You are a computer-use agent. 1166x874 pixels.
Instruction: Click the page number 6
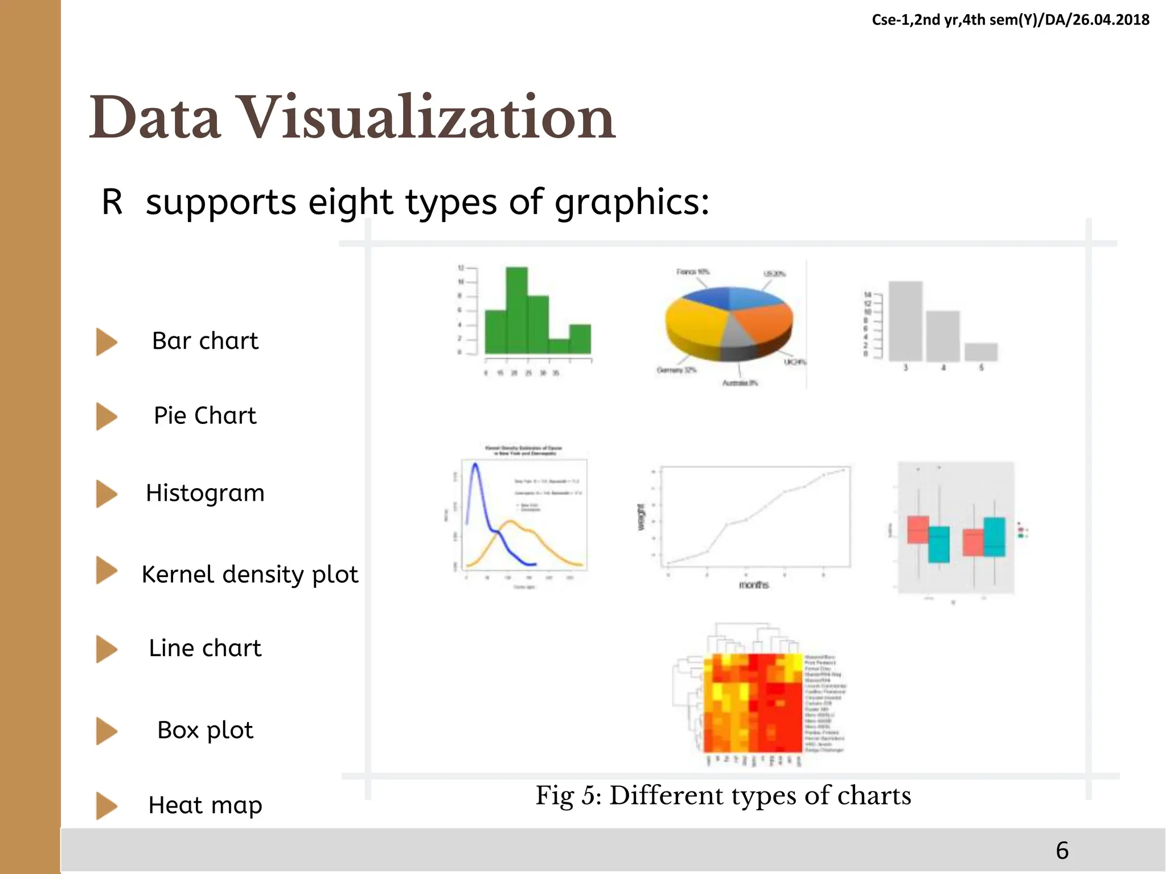point(1062,850)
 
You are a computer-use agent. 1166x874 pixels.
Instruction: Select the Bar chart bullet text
point(205,341)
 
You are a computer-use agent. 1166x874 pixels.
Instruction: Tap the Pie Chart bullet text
point(205,415)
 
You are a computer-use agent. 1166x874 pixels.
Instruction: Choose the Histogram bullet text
point(205,493)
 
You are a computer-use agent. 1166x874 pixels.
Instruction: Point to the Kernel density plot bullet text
point(249,574)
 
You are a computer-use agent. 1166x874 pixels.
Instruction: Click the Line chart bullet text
point(205,648)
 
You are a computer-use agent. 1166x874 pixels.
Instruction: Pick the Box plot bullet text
point(205,730)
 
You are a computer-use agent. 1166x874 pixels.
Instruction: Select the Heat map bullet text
point(205,805)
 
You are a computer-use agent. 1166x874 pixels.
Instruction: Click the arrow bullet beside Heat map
point(106,806)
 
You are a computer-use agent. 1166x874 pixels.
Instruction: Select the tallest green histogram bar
point(516,310)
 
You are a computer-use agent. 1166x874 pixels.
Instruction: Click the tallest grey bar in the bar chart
point(905,321)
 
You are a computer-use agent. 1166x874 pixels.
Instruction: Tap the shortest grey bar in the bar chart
point(981,352)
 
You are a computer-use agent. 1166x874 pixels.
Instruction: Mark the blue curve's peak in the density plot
point(475,465)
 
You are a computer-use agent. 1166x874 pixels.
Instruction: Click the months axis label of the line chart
point(753,585)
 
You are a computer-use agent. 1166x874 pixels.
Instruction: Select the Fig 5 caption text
point(723,795)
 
